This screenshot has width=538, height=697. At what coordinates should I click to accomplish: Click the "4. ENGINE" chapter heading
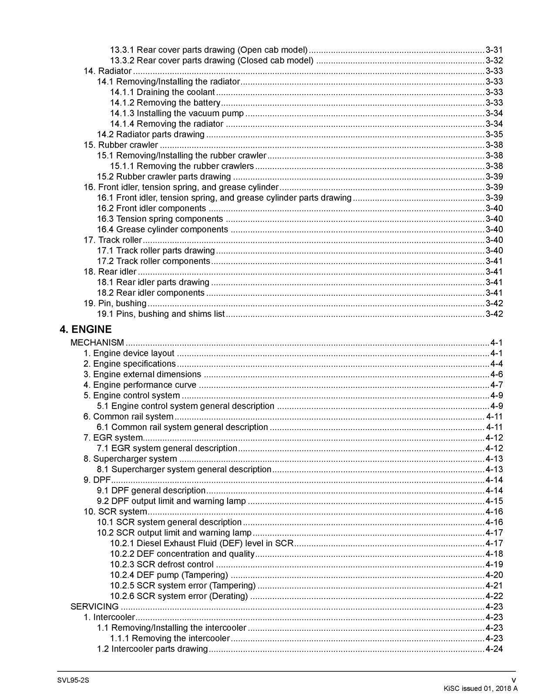tap(85, 329)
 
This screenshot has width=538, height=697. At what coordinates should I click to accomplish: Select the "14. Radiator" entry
tap(108, 71)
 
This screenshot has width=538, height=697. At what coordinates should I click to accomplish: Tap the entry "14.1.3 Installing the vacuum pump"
tap(177, 113)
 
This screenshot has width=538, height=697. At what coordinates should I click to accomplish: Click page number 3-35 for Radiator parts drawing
tap(494, 134)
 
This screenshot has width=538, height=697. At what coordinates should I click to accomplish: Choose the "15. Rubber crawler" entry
tap(121, 145)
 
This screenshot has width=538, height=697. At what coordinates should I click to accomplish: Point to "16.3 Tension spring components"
tap(160, 219)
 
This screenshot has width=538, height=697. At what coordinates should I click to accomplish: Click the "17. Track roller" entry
tap(113, 240)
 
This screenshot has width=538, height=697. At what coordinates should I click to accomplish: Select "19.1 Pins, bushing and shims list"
tap(161, 314)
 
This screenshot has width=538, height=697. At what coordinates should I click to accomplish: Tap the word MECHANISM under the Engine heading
tap(97, 342)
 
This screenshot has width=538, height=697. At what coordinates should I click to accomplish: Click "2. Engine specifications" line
tap(130, 364)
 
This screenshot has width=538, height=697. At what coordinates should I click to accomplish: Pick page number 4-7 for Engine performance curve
tap(497, 385)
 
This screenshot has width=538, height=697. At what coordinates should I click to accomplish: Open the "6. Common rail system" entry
tap(128, 416)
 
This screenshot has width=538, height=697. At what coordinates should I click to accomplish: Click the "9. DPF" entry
tap(97, 480)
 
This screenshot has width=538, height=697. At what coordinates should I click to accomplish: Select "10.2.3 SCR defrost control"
tap(161, 564)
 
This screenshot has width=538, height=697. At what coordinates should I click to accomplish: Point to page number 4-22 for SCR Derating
tap(494, 596)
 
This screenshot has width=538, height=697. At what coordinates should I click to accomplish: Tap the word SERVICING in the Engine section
tap(94, 606)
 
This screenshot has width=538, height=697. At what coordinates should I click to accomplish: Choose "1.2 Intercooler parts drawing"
tap(152, 649)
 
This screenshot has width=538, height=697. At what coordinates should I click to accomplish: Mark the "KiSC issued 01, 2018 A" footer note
tap(481, 688)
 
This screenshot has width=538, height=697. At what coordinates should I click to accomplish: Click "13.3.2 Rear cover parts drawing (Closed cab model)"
tap(212, 61)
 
